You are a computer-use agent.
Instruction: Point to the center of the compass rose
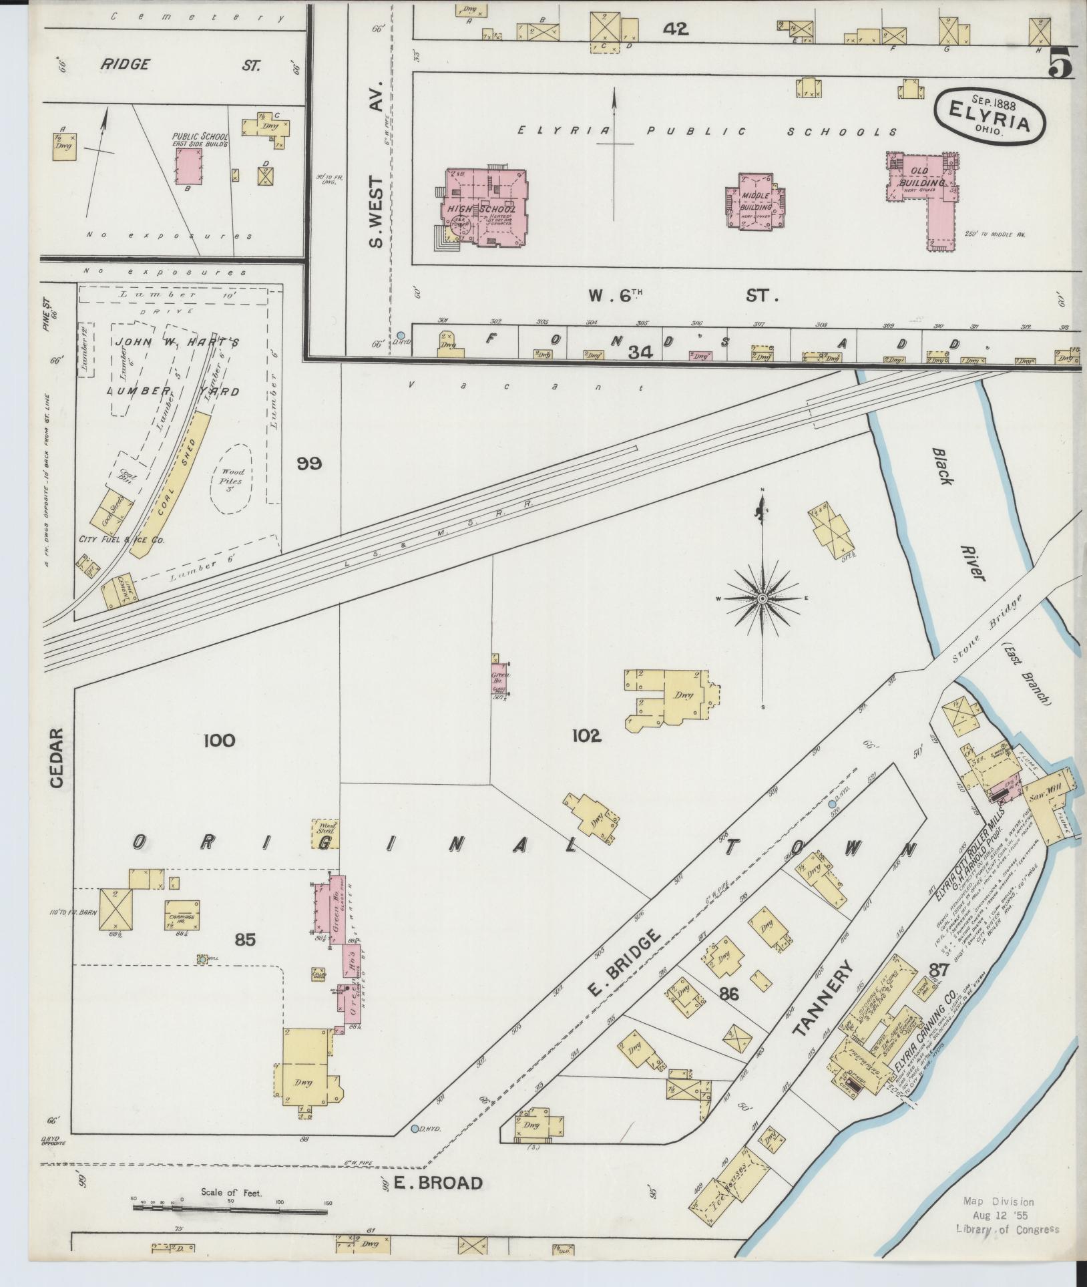762,598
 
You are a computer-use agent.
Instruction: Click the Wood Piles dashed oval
230,479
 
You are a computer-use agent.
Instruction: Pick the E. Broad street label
437,1183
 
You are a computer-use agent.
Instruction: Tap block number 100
220,740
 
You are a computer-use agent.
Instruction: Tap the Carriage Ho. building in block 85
182,914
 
